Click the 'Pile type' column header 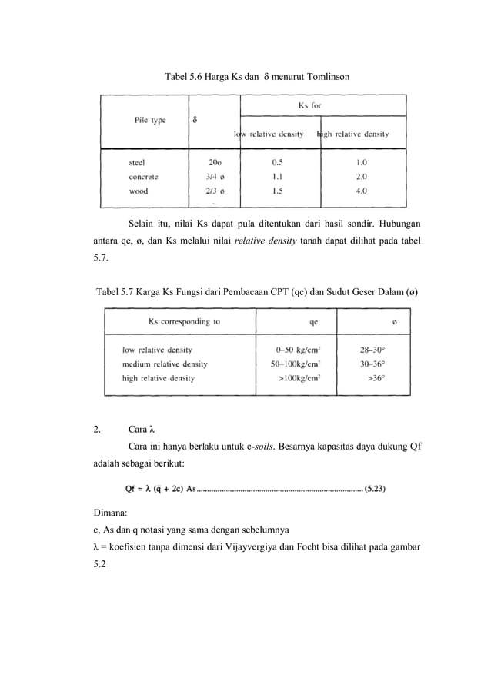[x=150, y=120]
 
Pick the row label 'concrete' [x=144, y=176]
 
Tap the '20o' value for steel [x=215, y=162]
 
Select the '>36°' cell [x=376, y=377]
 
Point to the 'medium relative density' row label [x=165, y=364]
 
